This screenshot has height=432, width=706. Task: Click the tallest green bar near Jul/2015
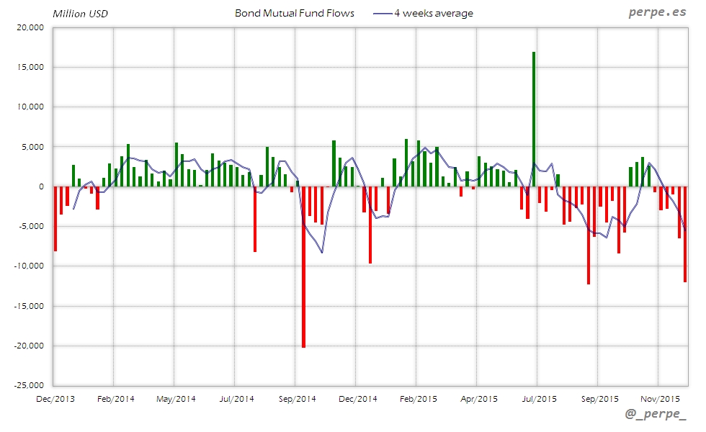pyautogui.click(x=534, y=119)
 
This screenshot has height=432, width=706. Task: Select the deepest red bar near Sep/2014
pyautogui.click(x=303, y=266)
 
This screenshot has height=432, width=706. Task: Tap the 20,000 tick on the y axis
pyautogui.click(x=30, y=27)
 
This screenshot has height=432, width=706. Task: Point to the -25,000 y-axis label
pyautogui.click(x=28, y=385)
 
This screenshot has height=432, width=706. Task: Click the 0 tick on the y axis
pyautogui.click(x=41, y=186)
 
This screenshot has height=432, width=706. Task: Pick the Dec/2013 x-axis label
pyautogui.click(x=55, y=398)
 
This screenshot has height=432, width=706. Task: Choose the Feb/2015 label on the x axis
pyautogui.click(x=418, y=398)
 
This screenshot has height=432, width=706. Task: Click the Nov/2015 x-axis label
pyautogui.click(x=660, y=398)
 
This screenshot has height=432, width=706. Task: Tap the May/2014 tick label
pyautogui.click(x=176, y=398)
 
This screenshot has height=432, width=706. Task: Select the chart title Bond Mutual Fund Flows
pyautogui.click(x=295, y=13)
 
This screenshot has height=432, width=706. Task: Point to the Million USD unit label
pyautogui.click(x=80, y=14)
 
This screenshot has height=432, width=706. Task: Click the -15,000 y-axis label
pyautogui.click(x=28, y=306)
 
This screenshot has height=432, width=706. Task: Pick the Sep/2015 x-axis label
pyautogui.click(x=599, y=398)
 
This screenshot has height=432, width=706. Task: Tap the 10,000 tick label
pyautogui.click(x=30, y=107)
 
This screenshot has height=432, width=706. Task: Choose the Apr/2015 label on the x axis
pyautogui.click(x=478, y=398)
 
